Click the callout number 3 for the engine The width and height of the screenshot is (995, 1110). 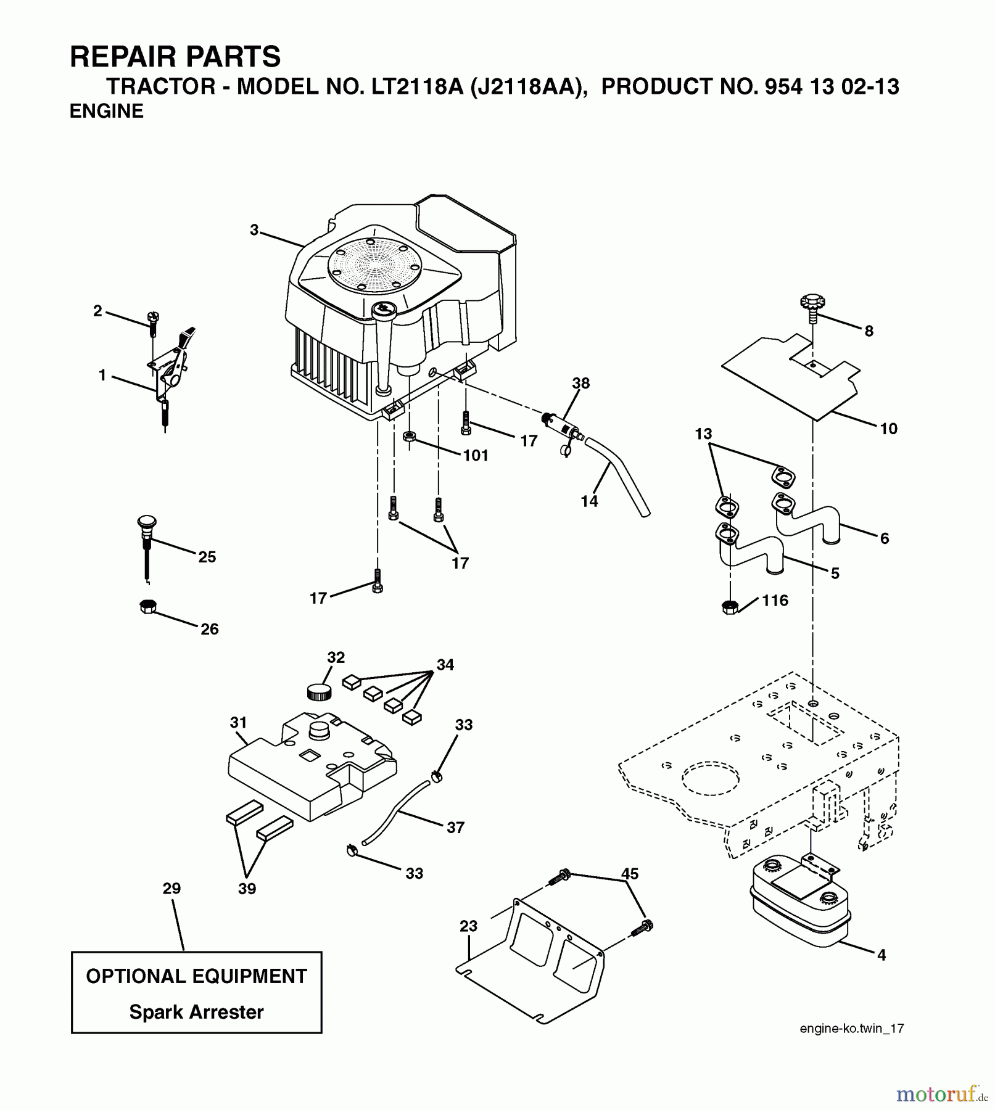pos(254,230)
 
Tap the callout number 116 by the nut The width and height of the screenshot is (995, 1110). pos(775,600)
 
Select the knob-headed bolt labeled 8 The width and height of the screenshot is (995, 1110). pos(812,308)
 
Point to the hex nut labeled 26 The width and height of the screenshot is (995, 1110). pos(147,606)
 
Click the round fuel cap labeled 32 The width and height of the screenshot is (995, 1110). pos(319,691)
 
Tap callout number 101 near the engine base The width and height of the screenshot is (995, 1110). pos(476,455)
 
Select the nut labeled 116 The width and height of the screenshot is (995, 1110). pos(729,607)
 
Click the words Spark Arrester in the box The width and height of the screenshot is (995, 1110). pos(196,1012)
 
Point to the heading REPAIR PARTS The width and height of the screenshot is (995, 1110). pos(175,57)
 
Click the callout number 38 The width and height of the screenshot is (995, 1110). pos(580,383)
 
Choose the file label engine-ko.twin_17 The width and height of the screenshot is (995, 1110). pos(851,1028)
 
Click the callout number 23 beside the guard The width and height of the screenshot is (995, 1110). pos(468,926)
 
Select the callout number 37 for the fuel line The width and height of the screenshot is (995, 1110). pos(455,827)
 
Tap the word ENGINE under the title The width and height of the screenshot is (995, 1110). pos(106,111)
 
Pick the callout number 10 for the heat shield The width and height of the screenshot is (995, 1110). pos(888,429)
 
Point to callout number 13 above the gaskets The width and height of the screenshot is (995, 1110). pos(703,434)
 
